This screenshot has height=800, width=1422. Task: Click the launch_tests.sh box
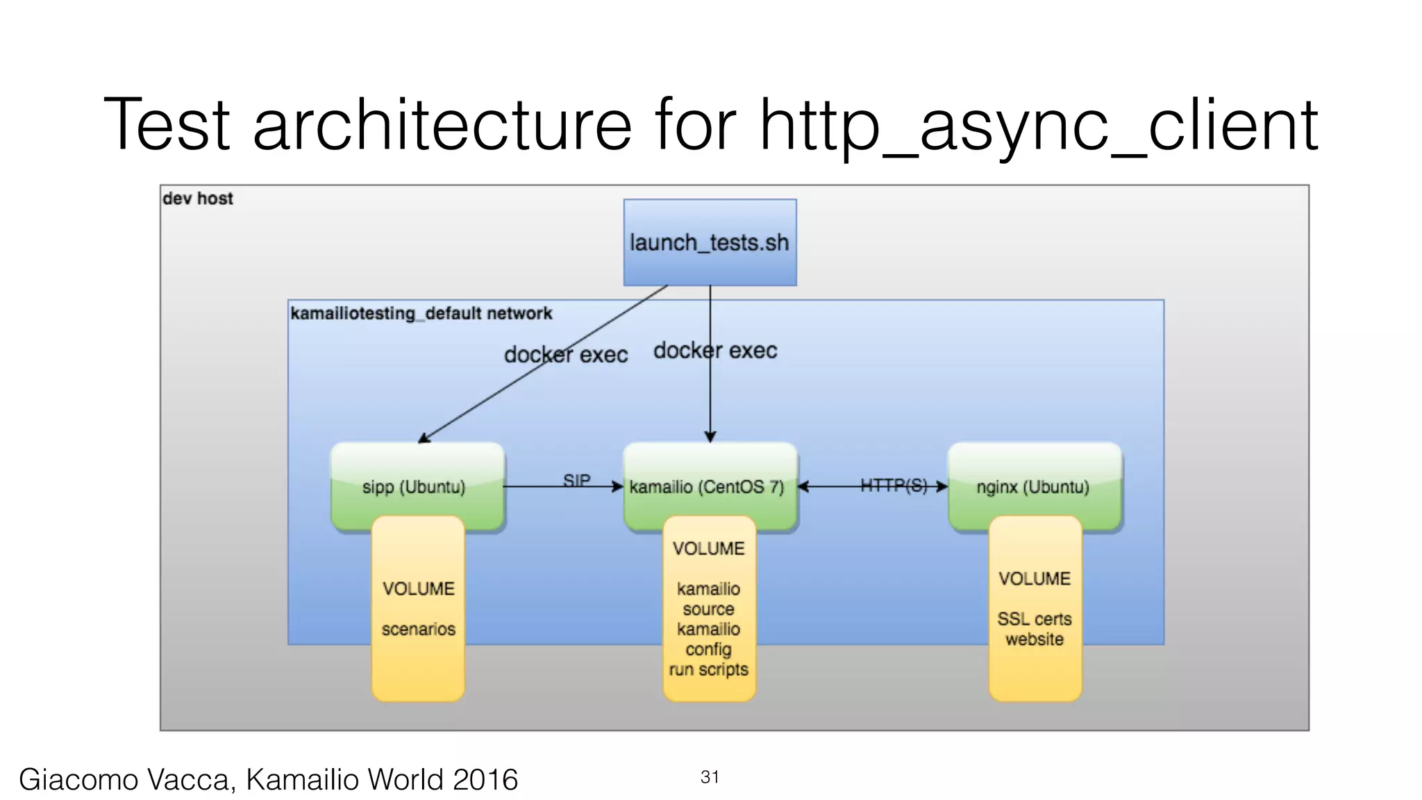(x=710, y=242)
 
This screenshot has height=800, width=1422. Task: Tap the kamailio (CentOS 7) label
(x=706, y=487)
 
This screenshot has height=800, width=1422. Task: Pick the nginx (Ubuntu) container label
(x=1032, y=487)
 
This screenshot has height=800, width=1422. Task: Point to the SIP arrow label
(x=576, y=479)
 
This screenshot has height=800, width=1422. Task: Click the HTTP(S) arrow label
(x=894, y=485)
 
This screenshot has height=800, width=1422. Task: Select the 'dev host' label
(x=198, y=199)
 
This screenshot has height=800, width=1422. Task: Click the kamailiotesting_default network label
(x=421, y=313)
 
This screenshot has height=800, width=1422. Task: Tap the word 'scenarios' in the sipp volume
(x=418, y=629)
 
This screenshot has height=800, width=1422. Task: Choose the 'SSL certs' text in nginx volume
(x=1034, y=619)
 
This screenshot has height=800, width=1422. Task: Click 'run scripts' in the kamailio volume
(x=708, y=669)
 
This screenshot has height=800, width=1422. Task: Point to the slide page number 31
(x=710, y=776)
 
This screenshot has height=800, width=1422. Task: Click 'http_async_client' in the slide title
(x=1038, y=126)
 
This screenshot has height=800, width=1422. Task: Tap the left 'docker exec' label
(x=566, y=355)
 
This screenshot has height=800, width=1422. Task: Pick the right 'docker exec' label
(x=715, y=351)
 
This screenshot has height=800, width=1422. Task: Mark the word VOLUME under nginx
(x=1034, y=578)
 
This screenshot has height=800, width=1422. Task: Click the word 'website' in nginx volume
(x=1034, y=639)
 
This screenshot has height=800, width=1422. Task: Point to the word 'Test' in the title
(x=167, y=126)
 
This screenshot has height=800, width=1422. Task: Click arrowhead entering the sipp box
(x=423, y=438)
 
